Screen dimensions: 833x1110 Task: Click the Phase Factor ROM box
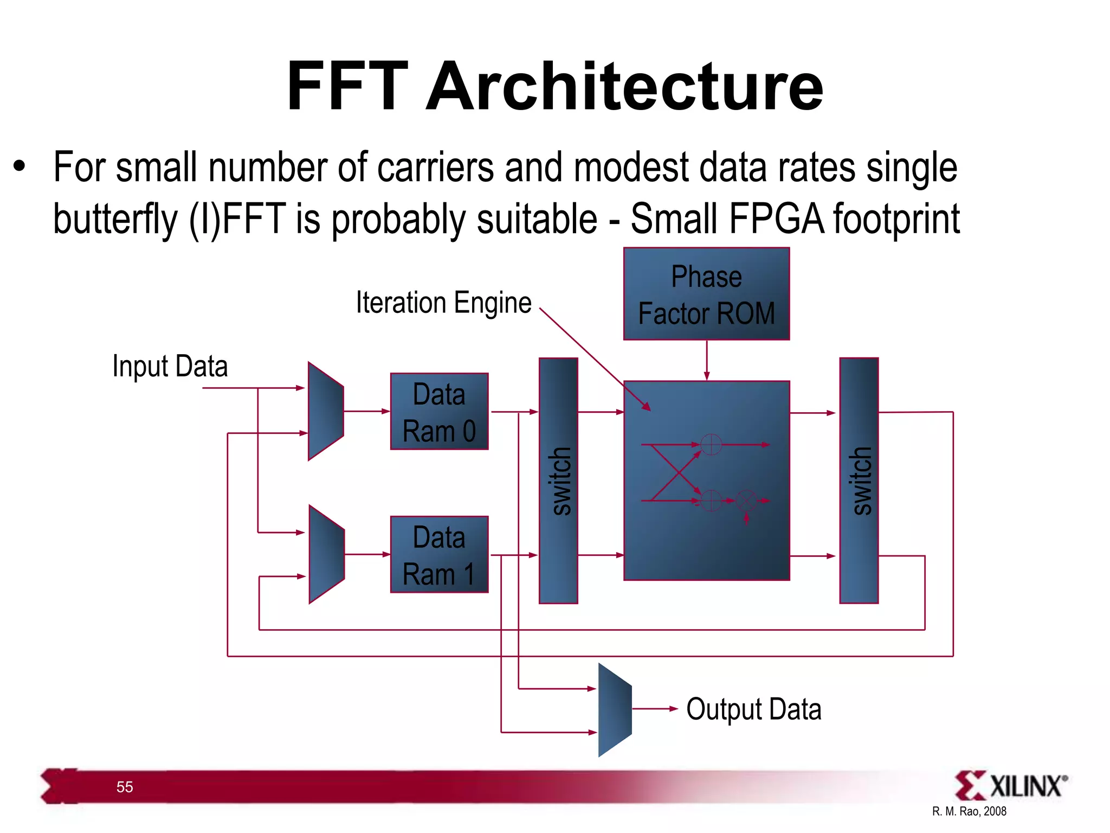pos(706,294)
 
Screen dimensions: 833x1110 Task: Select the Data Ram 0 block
pos(439,411)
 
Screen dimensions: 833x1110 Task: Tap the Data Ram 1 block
pos(439,554)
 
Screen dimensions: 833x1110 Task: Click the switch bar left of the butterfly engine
pos(558,480)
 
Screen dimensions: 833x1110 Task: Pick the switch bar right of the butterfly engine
pos(859,480)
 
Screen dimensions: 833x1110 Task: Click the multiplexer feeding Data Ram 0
pos(325,411)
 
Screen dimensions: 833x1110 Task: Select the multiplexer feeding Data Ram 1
pos(326,554)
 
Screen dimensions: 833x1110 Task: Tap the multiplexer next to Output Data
pos(615,709)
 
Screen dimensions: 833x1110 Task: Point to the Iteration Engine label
pos(443,303)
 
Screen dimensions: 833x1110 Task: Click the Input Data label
pos(170,366)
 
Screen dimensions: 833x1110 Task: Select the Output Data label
pos(753,709)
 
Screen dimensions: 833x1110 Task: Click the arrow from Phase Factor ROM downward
pos(706,361)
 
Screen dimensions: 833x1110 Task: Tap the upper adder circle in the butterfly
pos(711,445)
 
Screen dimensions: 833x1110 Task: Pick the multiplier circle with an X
pos(746,501)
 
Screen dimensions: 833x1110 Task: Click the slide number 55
pos(125,787)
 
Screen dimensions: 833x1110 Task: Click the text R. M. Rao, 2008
pos(969,811)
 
